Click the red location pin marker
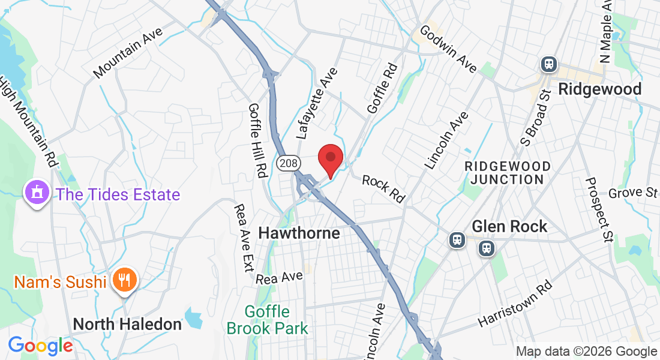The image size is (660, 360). pyautogui.click(x=329, y=160)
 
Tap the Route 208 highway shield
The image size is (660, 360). pyautogui.click(x=287, y=163)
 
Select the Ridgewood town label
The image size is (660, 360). pyautogui.click(x=599, y=89)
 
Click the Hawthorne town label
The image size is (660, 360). pyautogui.click(x=299, y=233)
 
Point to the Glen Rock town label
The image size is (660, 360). pyautogui.click(x=509, y=226)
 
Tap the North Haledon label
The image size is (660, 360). pyautogui.click(x=127, y=324)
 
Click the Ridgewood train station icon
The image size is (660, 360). pyautogui.click(x=548, y=64)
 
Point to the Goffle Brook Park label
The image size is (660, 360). pyautogui.click(x=268, y=320)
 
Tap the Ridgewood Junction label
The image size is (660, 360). pyautogui.click(x=508, y=173)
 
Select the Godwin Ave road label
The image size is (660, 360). pyautogui.click(x=448, y=49)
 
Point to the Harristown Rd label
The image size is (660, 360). pyautogui.click(x=514, y=305)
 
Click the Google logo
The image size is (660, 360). pyautogui.click(x=40, y=346)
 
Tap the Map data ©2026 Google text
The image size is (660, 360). pyautogui.click(x=586, y=352)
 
